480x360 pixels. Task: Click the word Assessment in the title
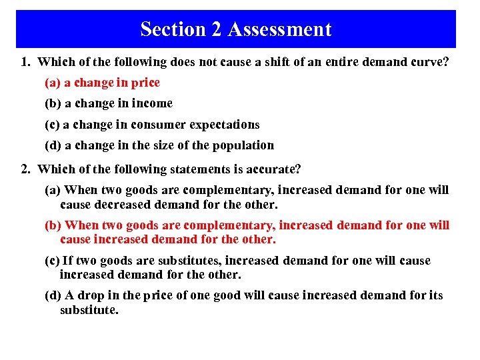point(279,29)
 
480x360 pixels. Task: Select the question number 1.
point(25,62)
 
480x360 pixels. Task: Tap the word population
point(242,145)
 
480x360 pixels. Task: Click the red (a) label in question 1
point(53,83)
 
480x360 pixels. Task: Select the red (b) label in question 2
point(53,225)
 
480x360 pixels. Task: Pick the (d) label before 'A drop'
point(53,295)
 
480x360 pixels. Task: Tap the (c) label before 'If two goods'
point(53,261)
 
